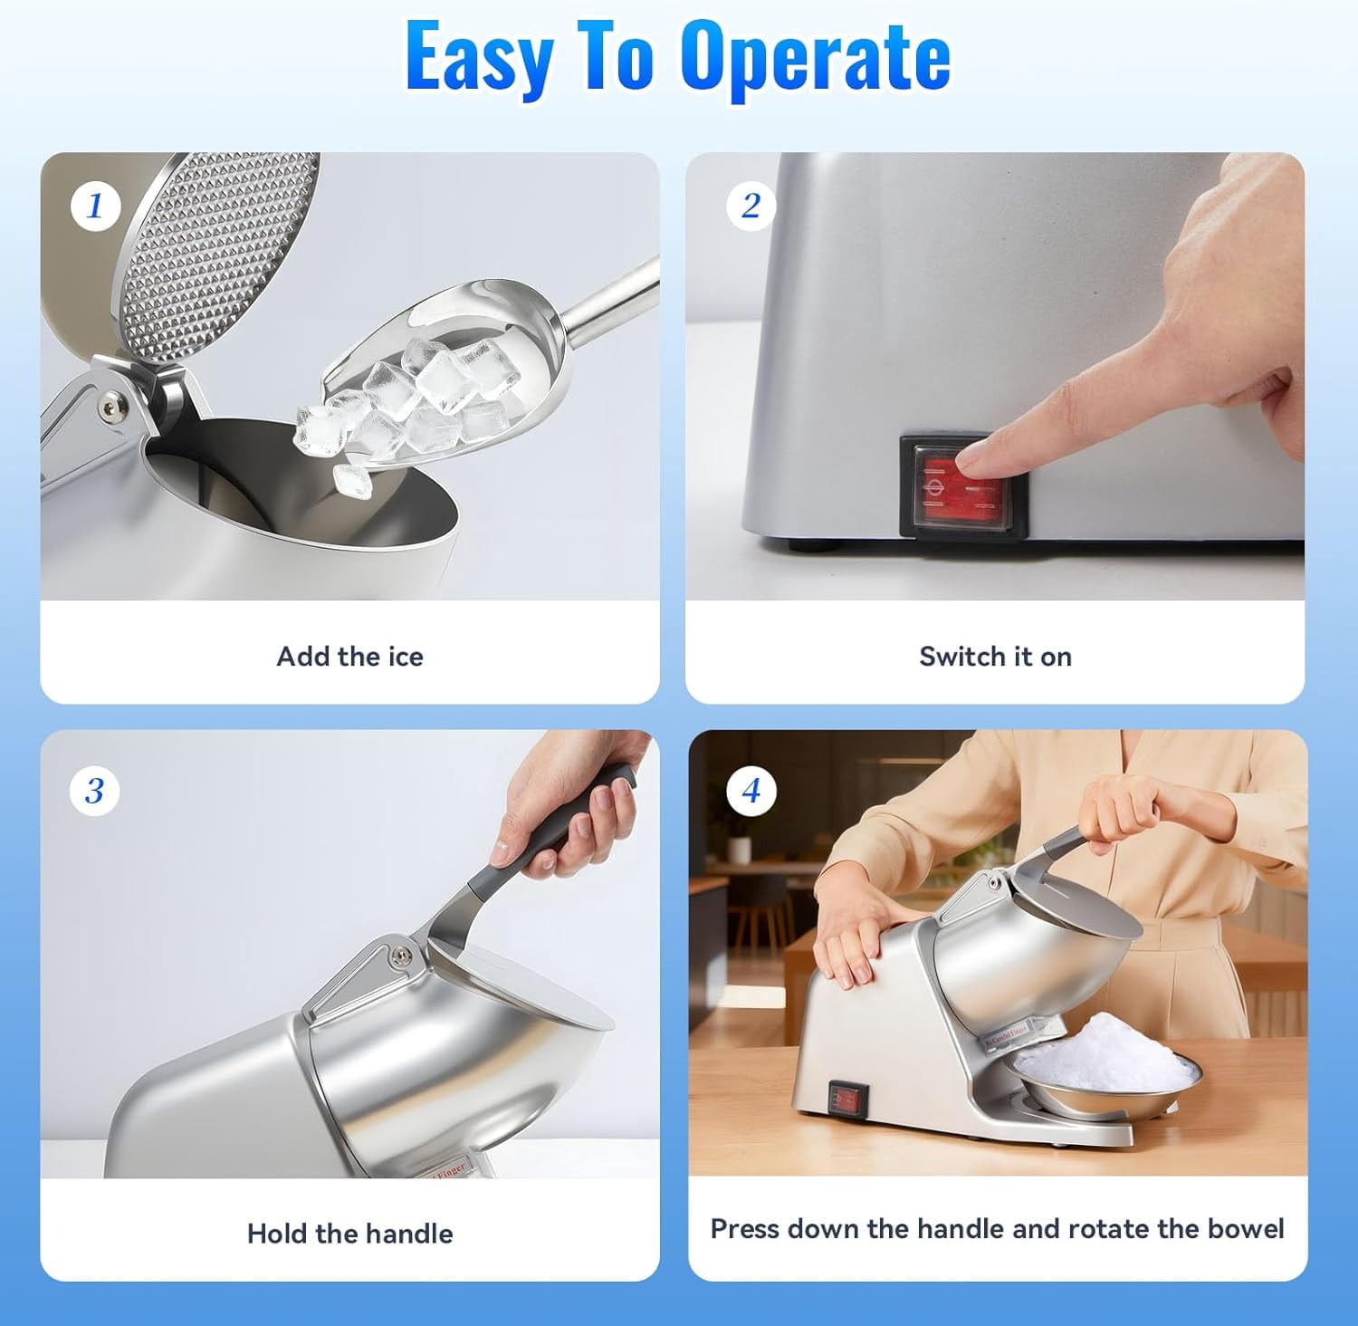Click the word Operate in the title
[x=816, y=56]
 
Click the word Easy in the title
[x=480, y=56]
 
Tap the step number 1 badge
[x=96, y=206]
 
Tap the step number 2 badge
[x=751, y=206]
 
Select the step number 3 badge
[x=95, y=791]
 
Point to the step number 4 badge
[x=751, y=791]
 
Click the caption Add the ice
[x=350, y=656]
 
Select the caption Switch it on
[x=996, y=656]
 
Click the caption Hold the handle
[x=350, y=1233]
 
